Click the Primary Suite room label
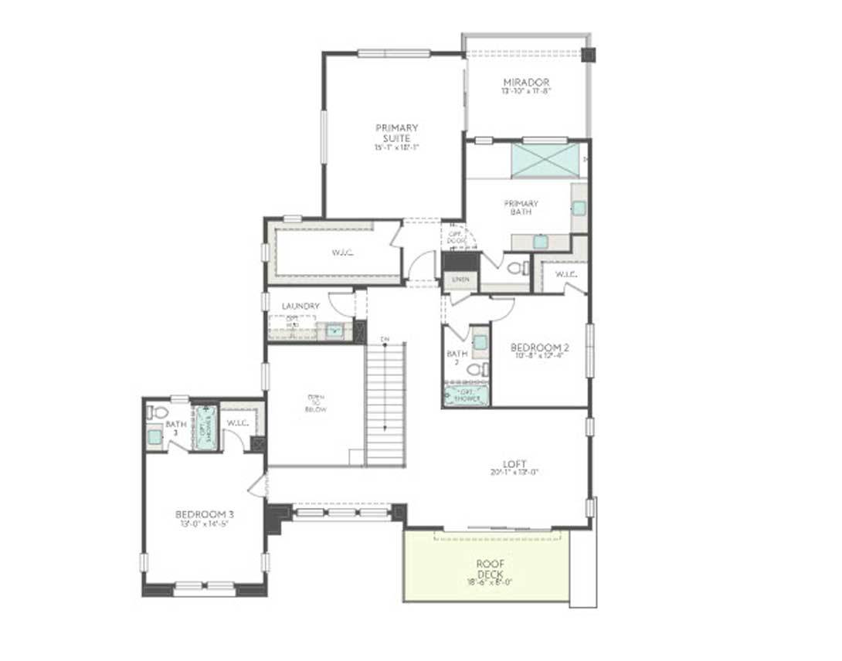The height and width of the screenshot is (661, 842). pyautogui.click(x=397, y=133)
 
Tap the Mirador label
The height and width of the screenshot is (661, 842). pyautogui.click(x=526, y=83)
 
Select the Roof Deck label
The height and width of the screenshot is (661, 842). pyautogui.click(x=490, y=568)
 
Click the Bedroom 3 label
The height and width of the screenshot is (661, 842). pyautogui.click(x=205, y=514)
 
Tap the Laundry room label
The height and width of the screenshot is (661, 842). pyautogui.click(x=300, y=306)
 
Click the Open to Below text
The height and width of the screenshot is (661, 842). pyautogui.click(x=315, y=403)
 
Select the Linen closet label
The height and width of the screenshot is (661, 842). pyautogui.click(x=461, y=278)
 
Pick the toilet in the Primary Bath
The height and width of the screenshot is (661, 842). pyautogui.click(x=517, y=268)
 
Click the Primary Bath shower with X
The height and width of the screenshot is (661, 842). pyautogui.click(x=545, y=161)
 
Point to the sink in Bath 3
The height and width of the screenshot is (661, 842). pyautogui.click(x=154, y=437)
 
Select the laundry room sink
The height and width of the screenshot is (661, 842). pyautogui.click(x=334, y=331)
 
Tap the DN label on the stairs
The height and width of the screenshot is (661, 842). pyautogui.click(x=385, y=340)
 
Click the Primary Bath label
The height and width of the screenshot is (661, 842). pyautogui.click(x=523, y=208)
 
